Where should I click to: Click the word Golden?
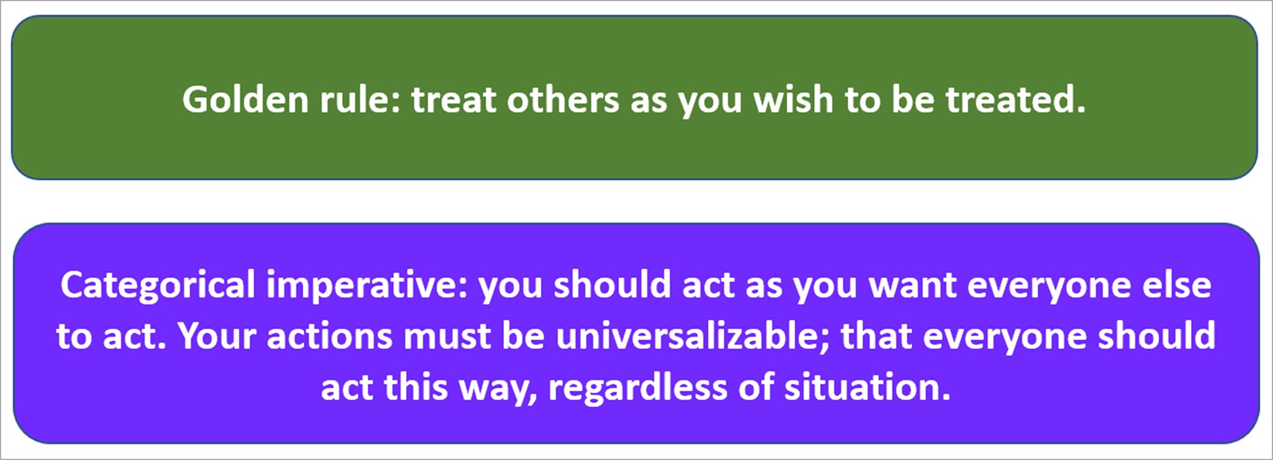click(245, 100)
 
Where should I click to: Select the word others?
click(563, 100)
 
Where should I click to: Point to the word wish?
click(793, 100)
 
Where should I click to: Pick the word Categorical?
click(157, 286)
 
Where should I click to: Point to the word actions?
click(330, 337)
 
